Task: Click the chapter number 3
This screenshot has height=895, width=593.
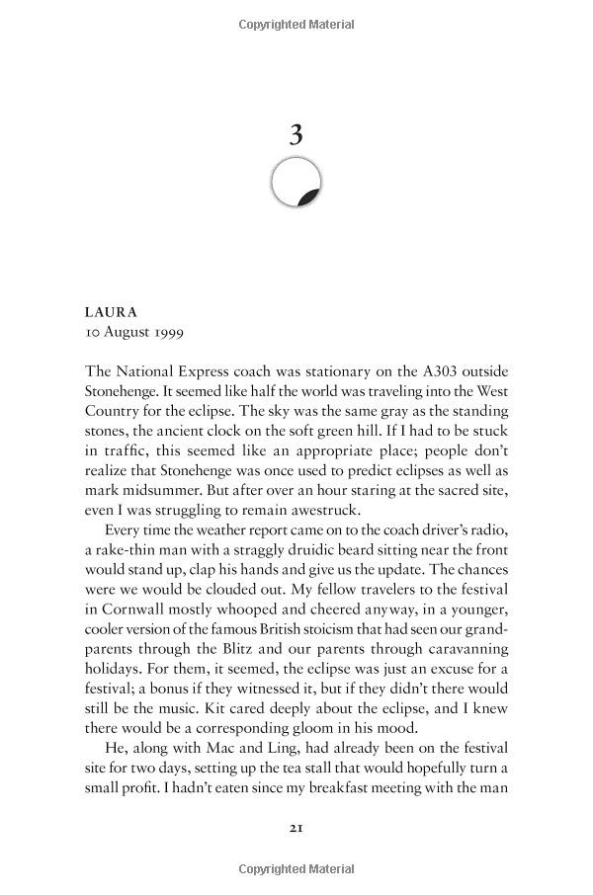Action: (x=296, y=134)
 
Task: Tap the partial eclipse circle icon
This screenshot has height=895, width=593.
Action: (x=296, y=183)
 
